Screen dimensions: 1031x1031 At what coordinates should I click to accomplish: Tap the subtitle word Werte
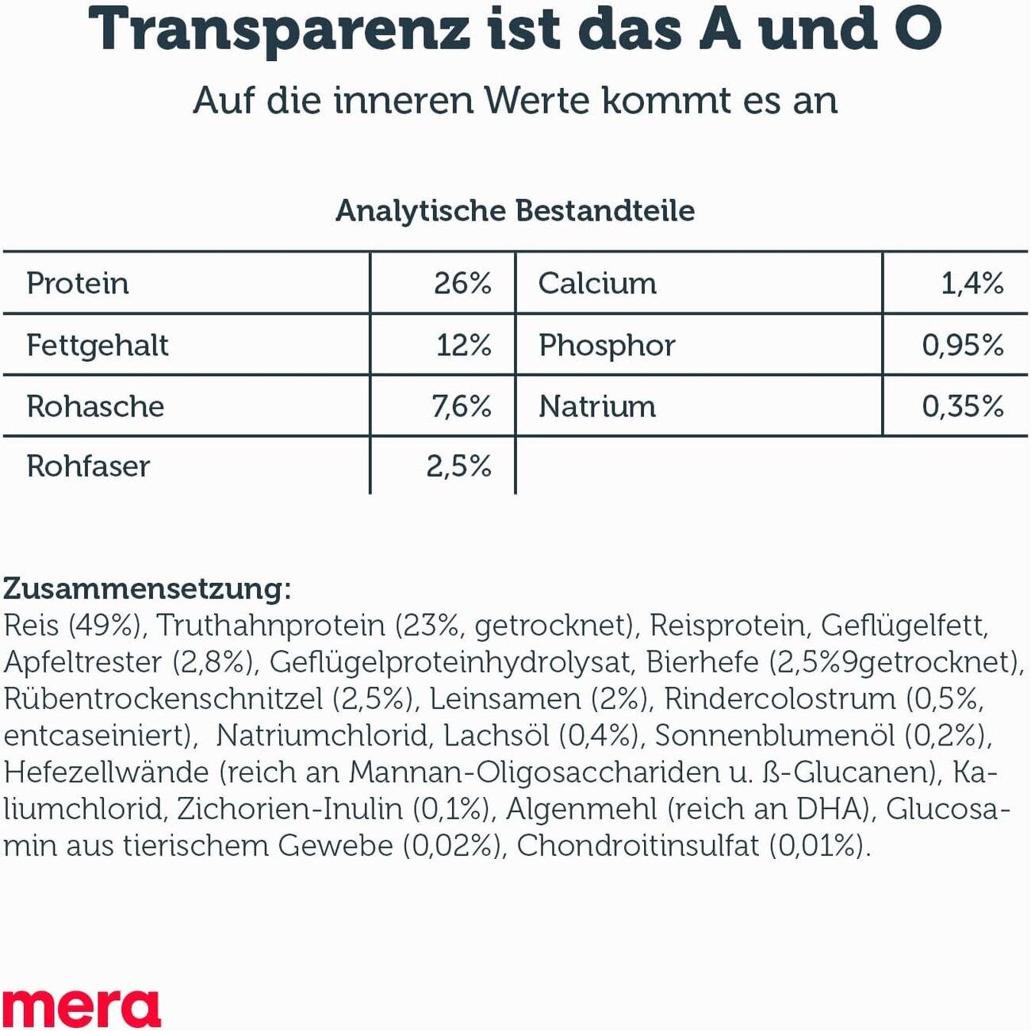[537, 102]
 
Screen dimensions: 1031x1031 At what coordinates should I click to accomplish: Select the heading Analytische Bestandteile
[515, 211]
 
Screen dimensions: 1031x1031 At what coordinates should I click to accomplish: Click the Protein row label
[78, 284]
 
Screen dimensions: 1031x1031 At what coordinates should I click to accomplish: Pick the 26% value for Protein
[462, 284]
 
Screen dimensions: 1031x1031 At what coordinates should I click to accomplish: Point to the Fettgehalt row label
[98, 346]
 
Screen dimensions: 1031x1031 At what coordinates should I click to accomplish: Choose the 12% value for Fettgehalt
[464, 346]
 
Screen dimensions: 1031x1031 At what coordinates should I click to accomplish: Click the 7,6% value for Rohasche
[461, 407]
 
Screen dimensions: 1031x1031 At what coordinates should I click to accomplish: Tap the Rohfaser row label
[88, 466]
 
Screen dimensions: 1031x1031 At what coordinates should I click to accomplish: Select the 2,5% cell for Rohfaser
[458, 466]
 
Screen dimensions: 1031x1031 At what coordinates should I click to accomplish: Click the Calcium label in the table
[597, 284]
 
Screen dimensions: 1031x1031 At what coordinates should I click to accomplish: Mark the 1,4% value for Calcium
[972, 284]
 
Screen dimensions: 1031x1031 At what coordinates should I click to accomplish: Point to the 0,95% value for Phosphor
[963, 346]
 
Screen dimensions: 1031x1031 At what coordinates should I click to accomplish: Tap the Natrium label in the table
[597, 407]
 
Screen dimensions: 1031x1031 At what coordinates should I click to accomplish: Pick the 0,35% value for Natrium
[963, 407]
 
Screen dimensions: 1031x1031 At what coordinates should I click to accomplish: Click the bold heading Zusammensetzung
[148, 589]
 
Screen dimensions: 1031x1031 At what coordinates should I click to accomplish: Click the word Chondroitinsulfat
[638, 846]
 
